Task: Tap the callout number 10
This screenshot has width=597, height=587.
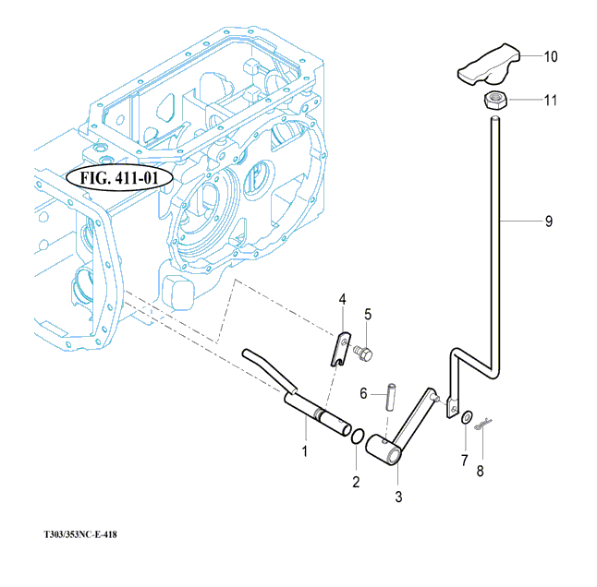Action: (550, 56)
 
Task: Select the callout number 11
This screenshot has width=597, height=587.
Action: (550, 100)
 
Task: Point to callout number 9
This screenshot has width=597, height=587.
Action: (548, 222)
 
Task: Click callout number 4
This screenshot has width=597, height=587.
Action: (341, 299)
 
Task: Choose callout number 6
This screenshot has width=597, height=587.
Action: (364, 393)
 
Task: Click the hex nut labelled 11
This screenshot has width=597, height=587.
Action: (496, 100)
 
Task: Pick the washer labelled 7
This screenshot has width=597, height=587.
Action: (468, 420)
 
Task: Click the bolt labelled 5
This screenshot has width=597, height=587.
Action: (361, 353)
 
